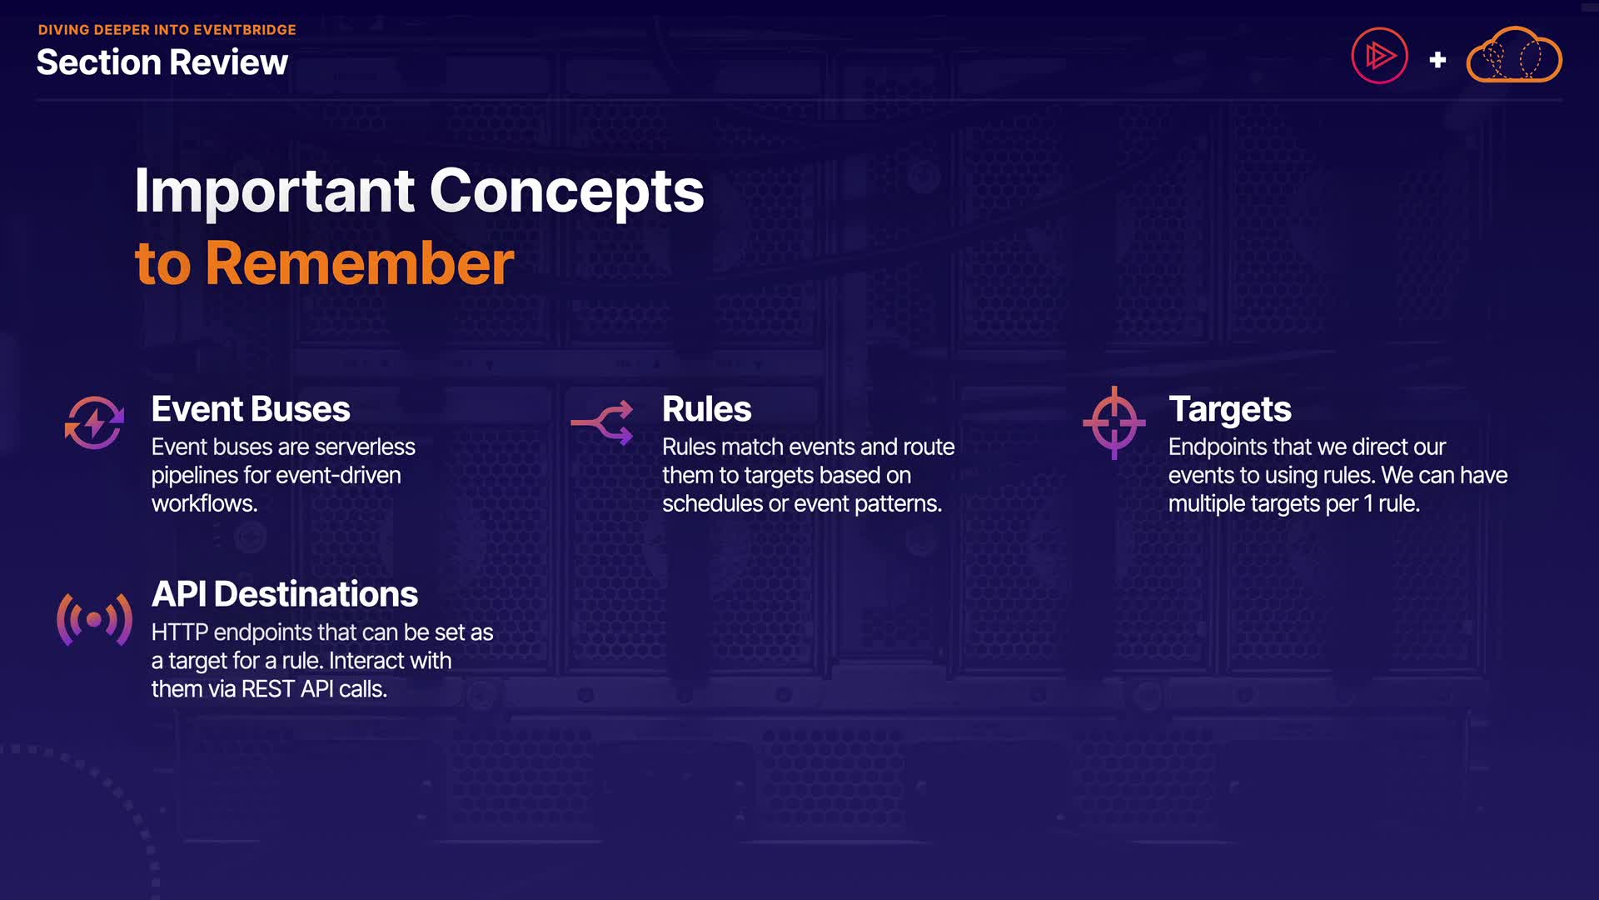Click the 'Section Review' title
(162, 62)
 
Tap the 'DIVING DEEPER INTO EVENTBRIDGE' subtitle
(167, 30)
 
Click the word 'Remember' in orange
(360, 263)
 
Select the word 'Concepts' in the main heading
(567, 191)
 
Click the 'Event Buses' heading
(251, 409)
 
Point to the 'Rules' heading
(707, 409)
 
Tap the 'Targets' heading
(1230, 410)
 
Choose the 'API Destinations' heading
(285, 594)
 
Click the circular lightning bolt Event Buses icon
(95, 422)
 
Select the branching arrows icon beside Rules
(602, 422)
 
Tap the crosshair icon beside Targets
(1114, 422)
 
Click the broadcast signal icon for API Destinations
(94, 619)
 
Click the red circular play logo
(1380, 56)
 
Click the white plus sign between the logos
(1437, 60)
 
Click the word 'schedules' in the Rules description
(713, 504)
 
